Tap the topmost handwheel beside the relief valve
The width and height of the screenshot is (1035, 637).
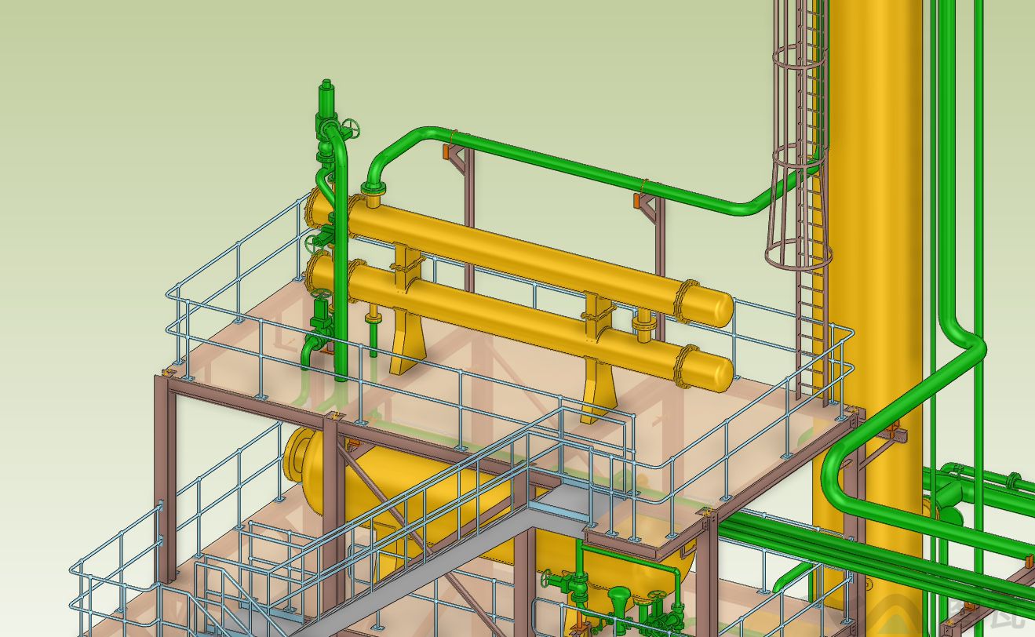tap(351, 128)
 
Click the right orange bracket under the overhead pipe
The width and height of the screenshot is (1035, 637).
tap(638, 201)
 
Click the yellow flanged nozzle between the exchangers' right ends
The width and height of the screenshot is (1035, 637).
tap(644, 325)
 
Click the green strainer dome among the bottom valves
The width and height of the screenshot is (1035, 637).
tap(620, 599)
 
